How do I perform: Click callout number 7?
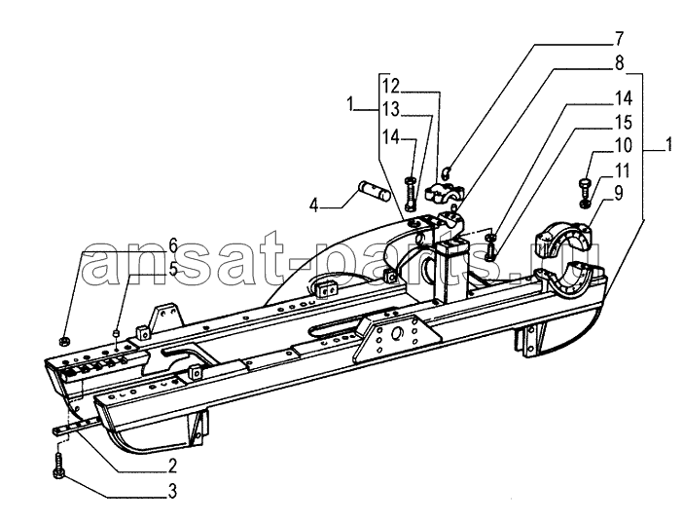(x=619, y=39)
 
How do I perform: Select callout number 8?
(x=619, y=63)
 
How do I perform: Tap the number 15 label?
(x=624, y=123)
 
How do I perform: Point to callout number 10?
(x=624, y=146)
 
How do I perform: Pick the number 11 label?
(x=623, y=170)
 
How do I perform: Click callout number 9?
(x=618, y=193)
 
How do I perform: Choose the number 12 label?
(x=391, y=86)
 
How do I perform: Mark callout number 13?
(x=391, y=109)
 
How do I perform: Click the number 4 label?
(x=314, y=205)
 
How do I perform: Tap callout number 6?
(x=173, y=246)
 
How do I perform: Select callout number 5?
(x=173, y=269)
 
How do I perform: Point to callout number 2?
(x=172, y=467)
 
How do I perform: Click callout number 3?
(x=172, y=491)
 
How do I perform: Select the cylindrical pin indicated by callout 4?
(x=374, y=192)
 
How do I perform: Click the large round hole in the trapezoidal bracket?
(x=398, y=335)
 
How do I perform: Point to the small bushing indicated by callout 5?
(x=117, y=333)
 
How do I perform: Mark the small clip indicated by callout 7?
(x=446, y=173)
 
